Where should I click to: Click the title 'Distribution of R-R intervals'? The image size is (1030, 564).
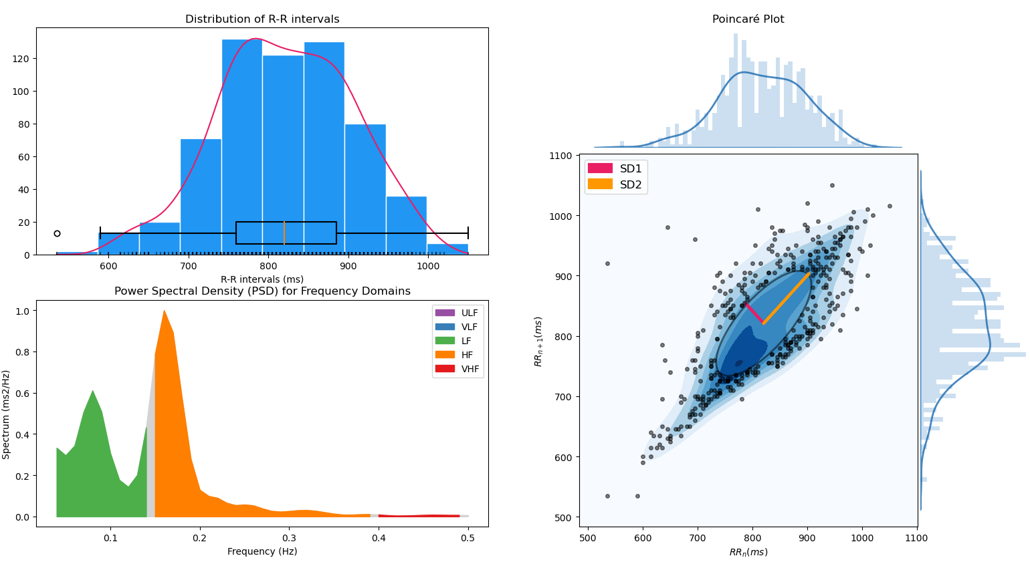(262, 19)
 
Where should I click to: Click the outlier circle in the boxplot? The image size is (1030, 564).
(57, 233)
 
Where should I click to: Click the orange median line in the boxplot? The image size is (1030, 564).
(284, 233)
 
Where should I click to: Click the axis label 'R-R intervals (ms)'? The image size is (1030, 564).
(262, 279)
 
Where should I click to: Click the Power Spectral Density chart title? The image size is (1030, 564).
(262, 291)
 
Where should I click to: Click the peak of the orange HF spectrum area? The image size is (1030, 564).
(164, 311)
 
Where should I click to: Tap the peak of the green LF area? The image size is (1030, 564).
(92, 392)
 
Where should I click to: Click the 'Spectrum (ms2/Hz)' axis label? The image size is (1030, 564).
(7, 414)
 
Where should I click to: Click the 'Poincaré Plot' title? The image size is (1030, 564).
(748, 19)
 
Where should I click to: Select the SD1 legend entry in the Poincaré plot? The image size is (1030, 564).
(615, 169)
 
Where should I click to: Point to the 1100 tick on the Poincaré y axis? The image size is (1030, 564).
(560, 156)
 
